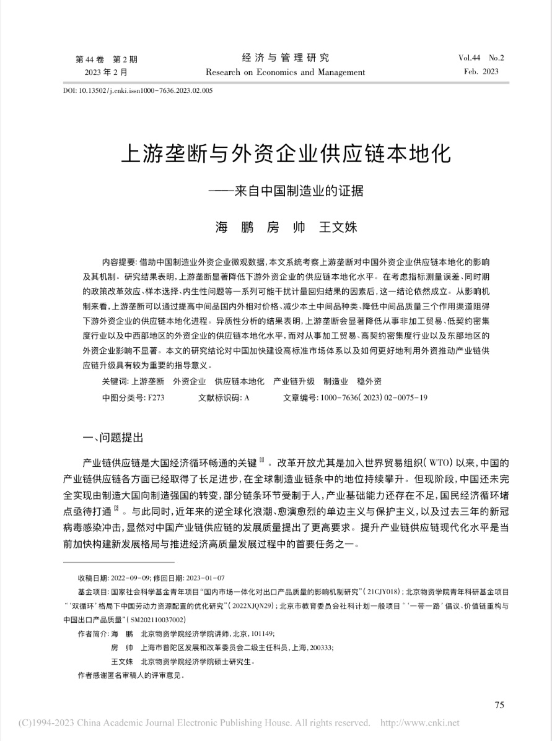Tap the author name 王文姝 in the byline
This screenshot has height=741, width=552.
[338, 227]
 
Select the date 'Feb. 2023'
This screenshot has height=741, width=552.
[481, 72]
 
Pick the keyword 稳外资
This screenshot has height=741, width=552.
[369, 382]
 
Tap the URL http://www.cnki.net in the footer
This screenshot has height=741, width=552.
[419, 723]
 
